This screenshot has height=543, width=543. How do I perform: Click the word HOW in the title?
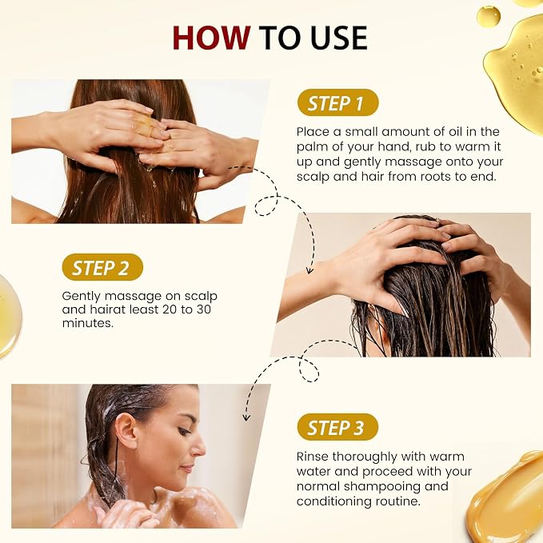click(212, 38)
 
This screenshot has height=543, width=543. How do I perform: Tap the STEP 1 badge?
click(337, 102)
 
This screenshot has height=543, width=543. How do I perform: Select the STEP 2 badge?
click(102, 267)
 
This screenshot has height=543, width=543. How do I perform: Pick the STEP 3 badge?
click(337, 427)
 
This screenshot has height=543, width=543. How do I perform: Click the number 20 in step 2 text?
click(170, 309)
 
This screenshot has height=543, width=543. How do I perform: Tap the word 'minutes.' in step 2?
click(88, 323)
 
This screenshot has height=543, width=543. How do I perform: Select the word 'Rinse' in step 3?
click(313, 457)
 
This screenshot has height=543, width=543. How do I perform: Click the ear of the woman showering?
click(126, 432)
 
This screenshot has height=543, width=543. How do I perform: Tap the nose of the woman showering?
click(199, 449)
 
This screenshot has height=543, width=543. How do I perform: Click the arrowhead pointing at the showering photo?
click(246, 417)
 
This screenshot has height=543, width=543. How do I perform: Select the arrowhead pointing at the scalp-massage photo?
click(310, 270)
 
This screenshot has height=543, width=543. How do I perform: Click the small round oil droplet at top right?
click(489, 16)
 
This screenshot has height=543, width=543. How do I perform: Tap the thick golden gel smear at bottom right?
click(509, 499)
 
